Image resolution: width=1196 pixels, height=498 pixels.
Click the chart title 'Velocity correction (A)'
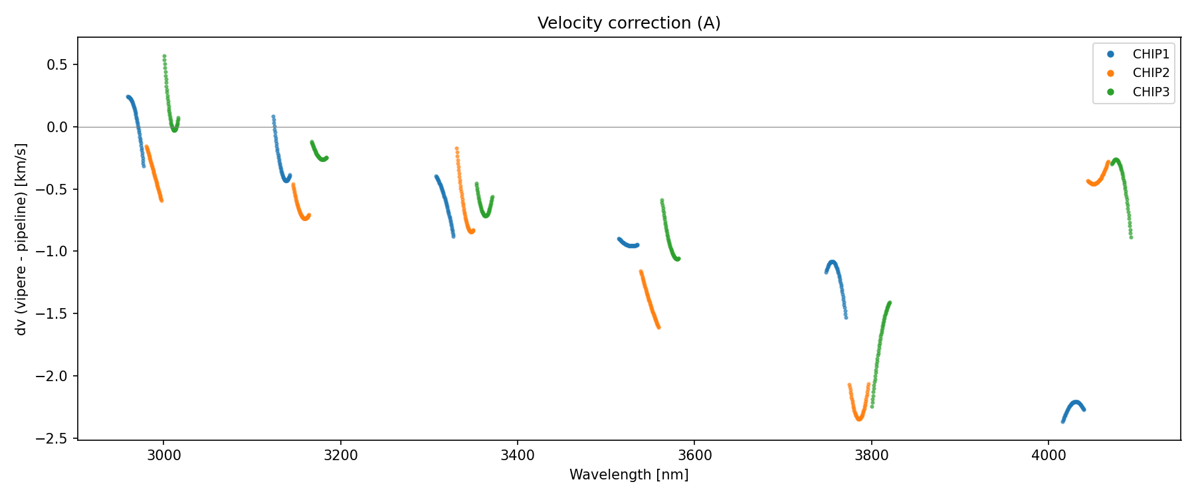pos(629,23)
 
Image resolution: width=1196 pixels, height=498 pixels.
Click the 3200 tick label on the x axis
pos(340,455)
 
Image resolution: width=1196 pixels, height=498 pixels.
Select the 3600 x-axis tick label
pos(694,455)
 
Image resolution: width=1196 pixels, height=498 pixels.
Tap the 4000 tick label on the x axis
pos(1048,455)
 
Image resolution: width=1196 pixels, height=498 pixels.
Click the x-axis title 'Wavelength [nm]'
pos(629,475)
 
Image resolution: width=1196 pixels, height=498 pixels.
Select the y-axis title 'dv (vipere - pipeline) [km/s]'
pos(21,239)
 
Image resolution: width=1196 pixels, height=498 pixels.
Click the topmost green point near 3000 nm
pos(164,56)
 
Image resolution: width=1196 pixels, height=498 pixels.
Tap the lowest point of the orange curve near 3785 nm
pos(858,419)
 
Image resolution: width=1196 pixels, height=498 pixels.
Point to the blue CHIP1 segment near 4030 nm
pos(1076,402)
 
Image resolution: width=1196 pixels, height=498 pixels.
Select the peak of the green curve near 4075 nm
pos(1116,160)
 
